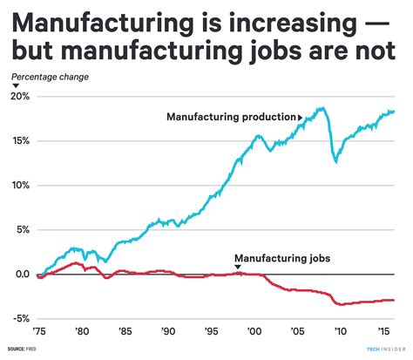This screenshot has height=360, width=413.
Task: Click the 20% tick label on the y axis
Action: click(19, 96)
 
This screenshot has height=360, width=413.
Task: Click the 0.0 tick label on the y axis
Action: click(19, 275)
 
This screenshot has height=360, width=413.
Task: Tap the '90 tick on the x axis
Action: click(169, 332)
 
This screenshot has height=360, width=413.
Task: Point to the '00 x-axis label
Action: click(256, 332)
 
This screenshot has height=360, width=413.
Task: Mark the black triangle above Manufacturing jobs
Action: click(236, 268)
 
